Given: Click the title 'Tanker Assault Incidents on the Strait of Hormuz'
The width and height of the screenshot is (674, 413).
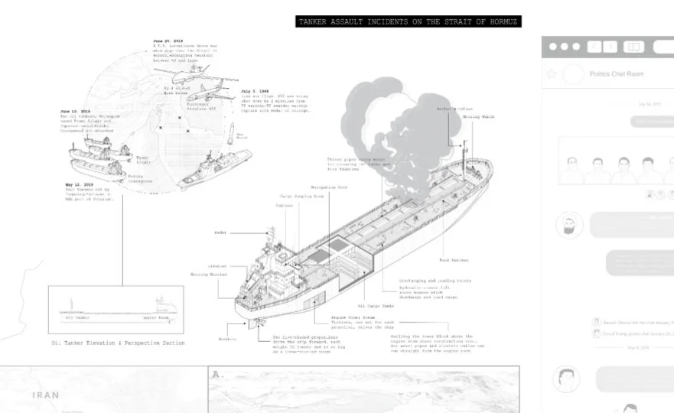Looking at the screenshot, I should pyautogui.click(x=408, y=22).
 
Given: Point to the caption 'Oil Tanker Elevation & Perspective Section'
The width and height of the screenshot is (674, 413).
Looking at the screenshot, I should pyautogui.click(x=118, y=343).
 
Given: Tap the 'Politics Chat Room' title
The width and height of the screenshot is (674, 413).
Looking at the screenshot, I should pyautogui.click(x=617, y=74).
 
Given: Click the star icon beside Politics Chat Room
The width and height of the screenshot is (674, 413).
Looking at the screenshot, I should pyautogui.click(x=551, y=74).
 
